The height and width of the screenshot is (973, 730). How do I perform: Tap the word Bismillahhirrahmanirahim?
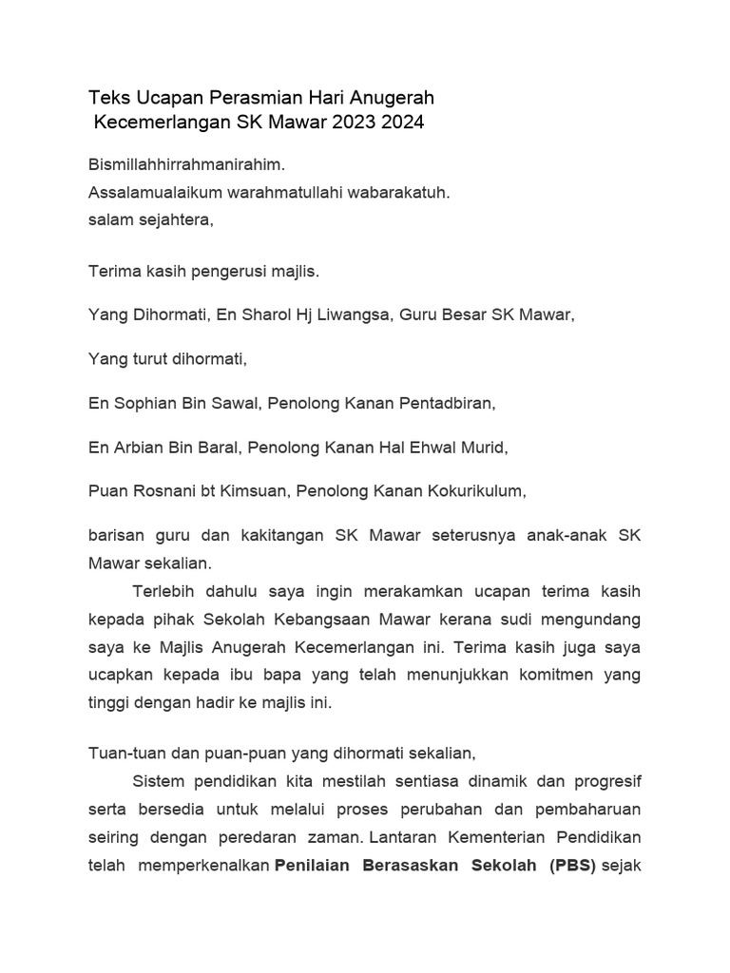tap(186, 164)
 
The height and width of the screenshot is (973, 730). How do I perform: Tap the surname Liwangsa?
tap(355, 315)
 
